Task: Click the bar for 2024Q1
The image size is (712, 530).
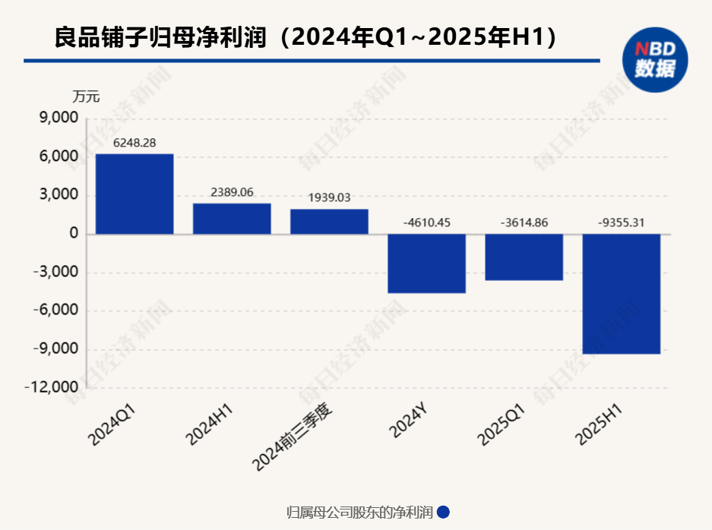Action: [x=134, y=194]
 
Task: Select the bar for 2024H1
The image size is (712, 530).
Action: [x=232, y=219]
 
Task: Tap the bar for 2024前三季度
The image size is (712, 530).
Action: [x=329, y=222]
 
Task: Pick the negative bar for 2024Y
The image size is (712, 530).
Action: [x=426, y=263]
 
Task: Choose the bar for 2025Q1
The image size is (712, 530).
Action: [x=524, y=257]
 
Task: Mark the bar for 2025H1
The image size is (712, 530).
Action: [x=622, y=294]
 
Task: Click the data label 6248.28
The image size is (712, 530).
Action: [x=134, y=143]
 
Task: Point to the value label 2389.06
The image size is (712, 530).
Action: [x=232, y=192]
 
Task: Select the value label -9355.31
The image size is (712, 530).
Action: [x=622, y=222]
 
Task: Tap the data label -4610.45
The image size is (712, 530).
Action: [x=426, y=222]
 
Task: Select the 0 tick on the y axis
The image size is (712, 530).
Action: [x=74, y=234]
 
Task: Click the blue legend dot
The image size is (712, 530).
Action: [x=444, y=513]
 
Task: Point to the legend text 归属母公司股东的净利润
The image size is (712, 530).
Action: [x=359, y=513]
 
